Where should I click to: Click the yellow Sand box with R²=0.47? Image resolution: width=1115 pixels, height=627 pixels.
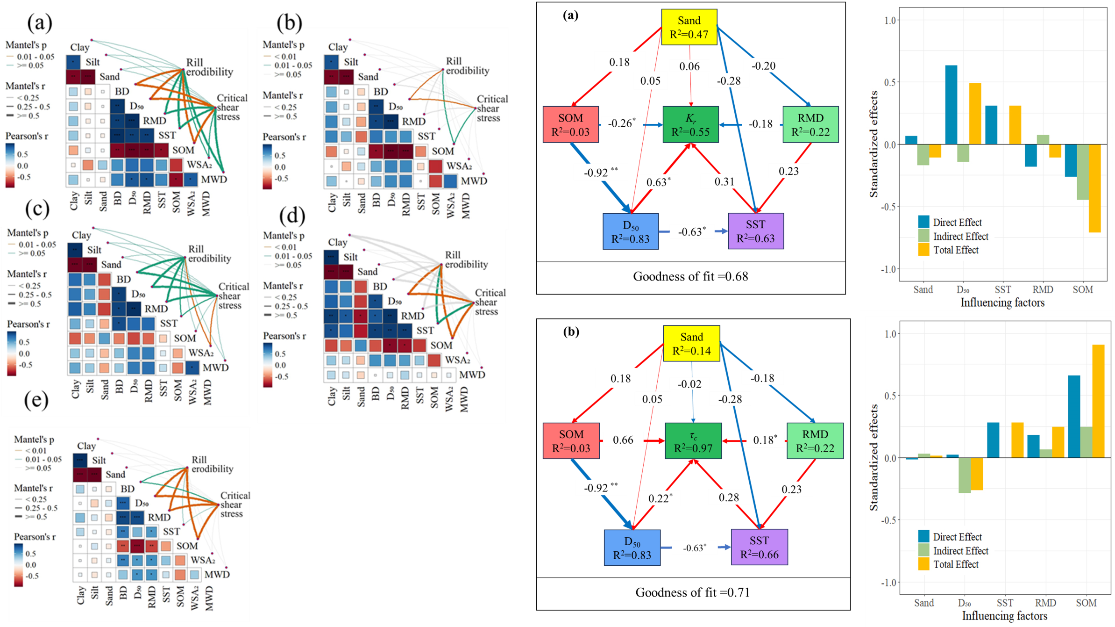point(689,27)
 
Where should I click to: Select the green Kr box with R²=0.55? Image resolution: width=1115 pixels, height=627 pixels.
point(690,124)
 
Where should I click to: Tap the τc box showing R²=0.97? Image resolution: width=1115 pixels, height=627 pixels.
point(693,441)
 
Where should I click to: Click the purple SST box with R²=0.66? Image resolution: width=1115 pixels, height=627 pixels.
point(759,547)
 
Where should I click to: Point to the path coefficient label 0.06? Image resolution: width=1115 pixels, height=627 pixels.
point(689,66)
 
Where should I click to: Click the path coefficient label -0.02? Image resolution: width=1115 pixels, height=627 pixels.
point(689,384)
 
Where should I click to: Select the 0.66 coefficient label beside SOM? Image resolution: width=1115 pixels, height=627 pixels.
point(623,440)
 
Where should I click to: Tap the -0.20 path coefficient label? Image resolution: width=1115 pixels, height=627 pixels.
point(763,66)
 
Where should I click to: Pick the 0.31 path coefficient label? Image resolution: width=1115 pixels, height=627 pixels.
point(724,181)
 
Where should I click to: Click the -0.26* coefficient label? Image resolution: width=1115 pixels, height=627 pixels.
point(622,123)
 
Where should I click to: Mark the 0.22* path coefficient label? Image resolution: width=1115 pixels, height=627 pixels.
point(660,498)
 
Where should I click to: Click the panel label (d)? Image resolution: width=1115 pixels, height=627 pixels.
point(292,216)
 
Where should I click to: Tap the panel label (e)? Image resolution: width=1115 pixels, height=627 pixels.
point(36,400)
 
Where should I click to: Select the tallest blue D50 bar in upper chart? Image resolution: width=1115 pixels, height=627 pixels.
point(951,105)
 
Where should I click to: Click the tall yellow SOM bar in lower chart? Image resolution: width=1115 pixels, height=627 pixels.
point(1098,401)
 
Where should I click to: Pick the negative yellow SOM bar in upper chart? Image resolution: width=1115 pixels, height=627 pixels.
point(1094,188)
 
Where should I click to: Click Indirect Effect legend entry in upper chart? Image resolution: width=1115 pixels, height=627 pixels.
point(960,236)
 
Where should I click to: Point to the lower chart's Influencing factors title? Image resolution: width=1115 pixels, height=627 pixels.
point(1004,616)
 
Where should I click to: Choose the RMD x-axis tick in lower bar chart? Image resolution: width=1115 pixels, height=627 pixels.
point(1045,603)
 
